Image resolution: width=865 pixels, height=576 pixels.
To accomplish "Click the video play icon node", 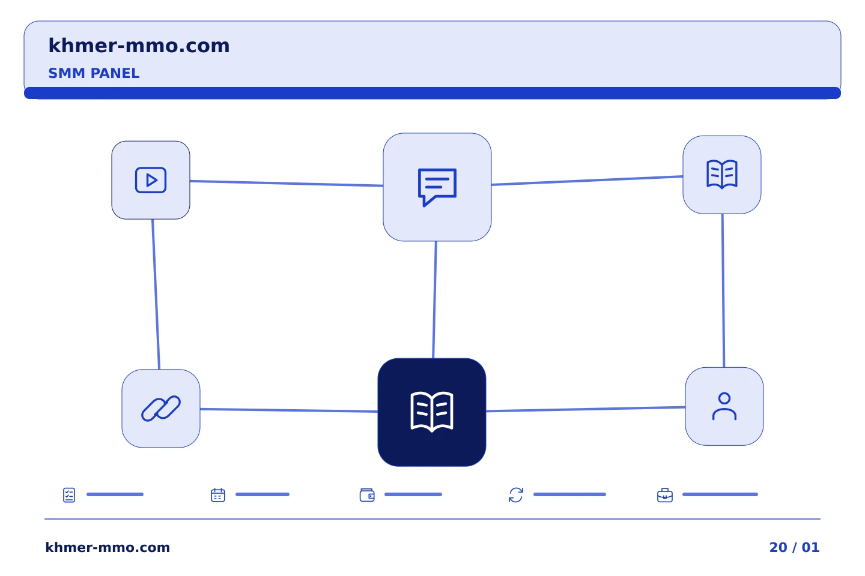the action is [151, 180].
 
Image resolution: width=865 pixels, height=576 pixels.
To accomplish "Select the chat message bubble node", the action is [437, 187].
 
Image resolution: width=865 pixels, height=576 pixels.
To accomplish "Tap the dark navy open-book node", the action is [432, 412].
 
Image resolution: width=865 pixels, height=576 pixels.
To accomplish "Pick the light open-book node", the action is [722, 175].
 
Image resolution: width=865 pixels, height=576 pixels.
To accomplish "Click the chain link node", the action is [161, 408].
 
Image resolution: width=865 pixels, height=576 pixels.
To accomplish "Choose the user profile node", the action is [724, 406].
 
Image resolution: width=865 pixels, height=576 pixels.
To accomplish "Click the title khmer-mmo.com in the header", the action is [139, 46].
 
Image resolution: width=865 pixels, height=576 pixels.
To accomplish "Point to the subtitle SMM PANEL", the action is [94, 73].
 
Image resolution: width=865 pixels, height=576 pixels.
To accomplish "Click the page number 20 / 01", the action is [794, 547].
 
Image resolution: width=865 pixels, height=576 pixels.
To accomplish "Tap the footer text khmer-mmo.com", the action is [108, 547].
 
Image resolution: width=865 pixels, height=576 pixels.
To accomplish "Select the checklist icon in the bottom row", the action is [69, 495].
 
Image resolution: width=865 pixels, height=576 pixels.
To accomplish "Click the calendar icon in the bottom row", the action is [218, 495].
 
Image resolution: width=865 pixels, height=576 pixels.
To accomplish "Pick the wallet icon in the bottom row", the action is [367, 495].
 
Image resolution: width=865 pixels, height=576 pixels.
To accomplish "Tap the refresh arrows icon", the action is [516, 495].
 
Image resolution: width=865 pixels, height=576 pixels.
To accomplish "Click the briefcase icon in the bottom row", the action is [665, 495].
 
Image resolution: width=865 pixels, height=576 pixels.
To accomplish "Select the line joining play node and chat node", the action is [287, 183].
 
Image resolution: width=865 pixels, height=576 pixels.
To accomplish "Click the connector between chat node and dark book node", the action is [434, 300].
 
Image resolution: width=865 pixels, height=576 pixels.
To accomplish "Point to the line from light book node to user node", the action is [723, 290].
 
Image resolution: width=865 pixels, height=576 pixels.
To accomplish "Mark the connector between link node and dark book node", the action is [289, 410].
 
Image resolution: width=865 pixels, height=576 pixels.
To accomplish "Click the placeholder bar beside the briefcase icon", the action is [720, 494].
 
